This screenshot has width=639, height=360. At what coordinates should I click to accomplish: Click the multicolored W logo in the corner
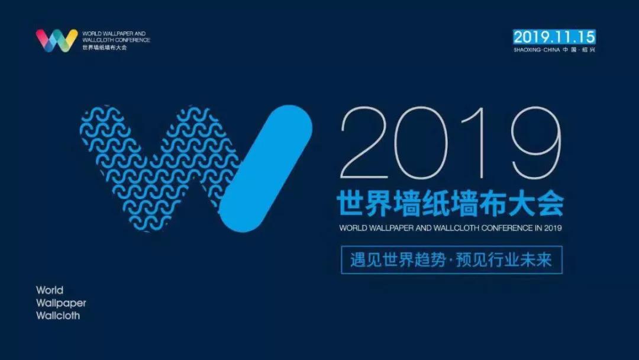coord(57,40)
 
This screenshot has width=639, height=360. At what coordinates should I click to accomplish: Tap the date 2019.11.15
coord(554,37)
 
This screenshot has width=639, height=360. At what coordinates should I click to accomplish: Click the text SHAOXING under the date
coord(528,50)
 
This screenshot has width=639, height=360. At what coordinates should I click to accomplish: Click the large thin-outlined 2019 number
coord(450,144)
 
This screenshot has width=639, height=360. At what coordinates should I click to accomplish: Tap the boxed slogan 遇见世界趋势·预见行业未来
coord(451,260)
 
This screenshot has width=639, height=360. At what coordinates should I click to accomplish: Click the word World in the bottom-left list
coord(50,290)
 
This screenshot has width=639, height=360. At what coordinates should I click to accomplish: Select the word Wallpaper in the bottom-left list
coord(61,303)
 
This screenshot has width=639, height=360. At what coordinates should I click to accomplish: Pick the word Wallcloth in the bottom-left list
coord(58,316)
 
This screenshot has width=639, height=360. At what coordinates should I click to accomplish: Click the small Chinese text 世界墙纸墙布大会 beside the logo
coord(105,47)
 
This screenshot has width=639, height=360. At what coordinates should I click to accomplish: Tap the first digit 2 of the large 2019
coord(369,144)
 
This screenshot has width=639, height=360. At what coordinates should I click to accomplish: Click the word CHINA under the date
coord(553,50)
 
